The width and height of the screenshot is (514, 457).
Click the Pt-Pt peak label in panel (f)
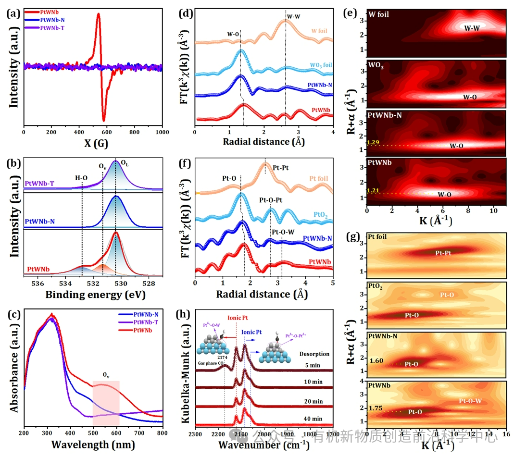tap(282, 168)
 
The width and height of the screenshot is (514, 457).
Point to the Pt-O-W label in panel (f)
tap(283, 232)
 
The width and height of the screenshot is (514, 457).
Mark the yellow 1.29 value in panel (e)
tap(373, 143)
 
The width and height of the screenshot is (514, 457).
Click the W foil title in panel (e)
tap(379, 14)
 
